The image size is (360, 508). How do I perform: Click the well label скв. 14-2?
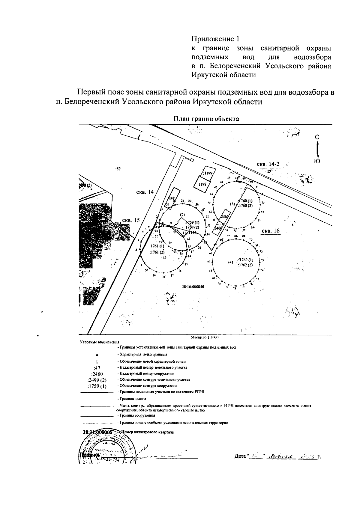(x=268, y=164)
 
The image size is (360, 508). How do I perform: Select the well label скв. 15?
(x=131, y=220)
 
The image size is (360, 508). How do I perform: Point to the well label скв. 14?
(x=145, y=192)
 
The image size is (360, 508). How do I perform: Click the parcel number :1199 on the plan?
(x=207, y=173)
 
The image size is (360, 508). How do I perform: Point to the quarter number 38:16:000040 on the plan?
(x=193, y=287)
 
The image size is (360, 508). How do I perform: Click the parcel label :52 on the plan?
(x=118, y=169)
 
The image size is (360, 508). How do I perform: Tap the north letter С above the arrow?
(x=317, y=137)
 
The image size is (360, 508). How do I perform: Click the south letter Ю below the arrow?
(x=317, y=161)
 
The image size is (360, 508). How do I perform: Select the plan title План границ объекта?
(x=207, y=119)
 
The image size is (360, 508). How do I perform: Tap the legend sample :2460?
(x=97, y=374)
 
